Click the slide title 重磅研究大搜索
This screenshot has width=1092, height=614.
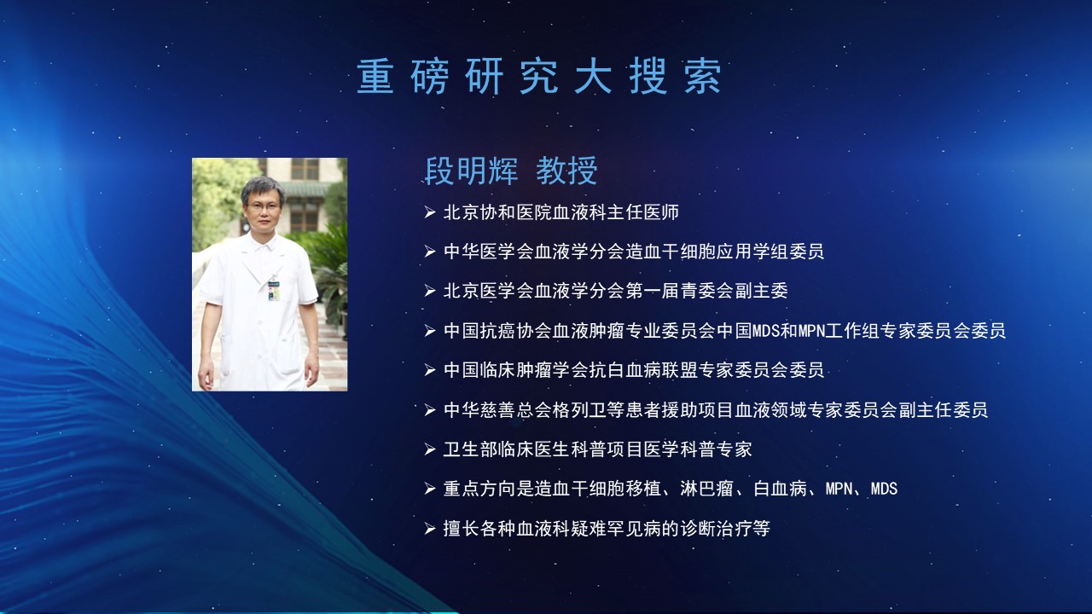[538, 77]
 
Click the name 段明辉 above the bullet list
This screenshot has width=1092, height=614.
[471, 171]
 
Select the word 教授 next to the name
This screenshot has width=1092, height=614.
[566, 171]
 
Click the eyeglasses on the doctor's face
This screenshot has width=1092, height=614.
[264, 206]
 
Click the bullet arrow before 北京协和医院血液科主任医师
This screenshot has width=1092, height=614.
[429, 212]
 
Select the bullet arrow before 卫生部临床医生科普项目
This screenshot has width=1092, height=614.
[429, 449]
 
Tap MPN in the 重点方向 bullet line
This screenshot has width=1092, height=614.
[839, 489]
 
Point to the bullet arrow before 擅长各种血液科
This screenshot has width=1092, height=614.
[429, 529]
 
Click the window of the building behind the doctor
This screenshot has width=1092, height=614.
[305, 169]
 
